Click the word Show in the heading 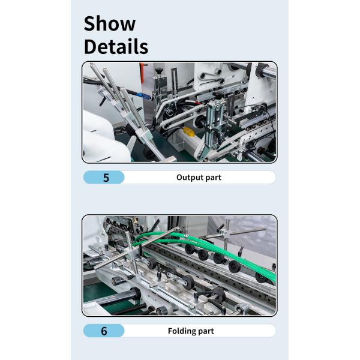click(110, 23)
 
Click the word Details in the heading click(116, 47)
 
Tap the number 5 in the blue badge click(106, 178)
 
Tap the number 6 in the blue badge click(104, 331)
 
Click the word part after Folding click(205, 332)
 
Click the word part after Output click(212, 178)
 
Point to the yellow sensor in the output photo click(189, 131)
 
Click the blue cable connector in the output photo click(143, 96)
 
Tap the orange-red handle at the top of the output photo click(143, 73)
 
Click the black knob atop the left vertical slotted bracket click(158, 71)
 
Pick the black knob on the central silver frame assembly click(217, 95)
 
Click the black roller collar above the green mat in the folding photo click(137, 293)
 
